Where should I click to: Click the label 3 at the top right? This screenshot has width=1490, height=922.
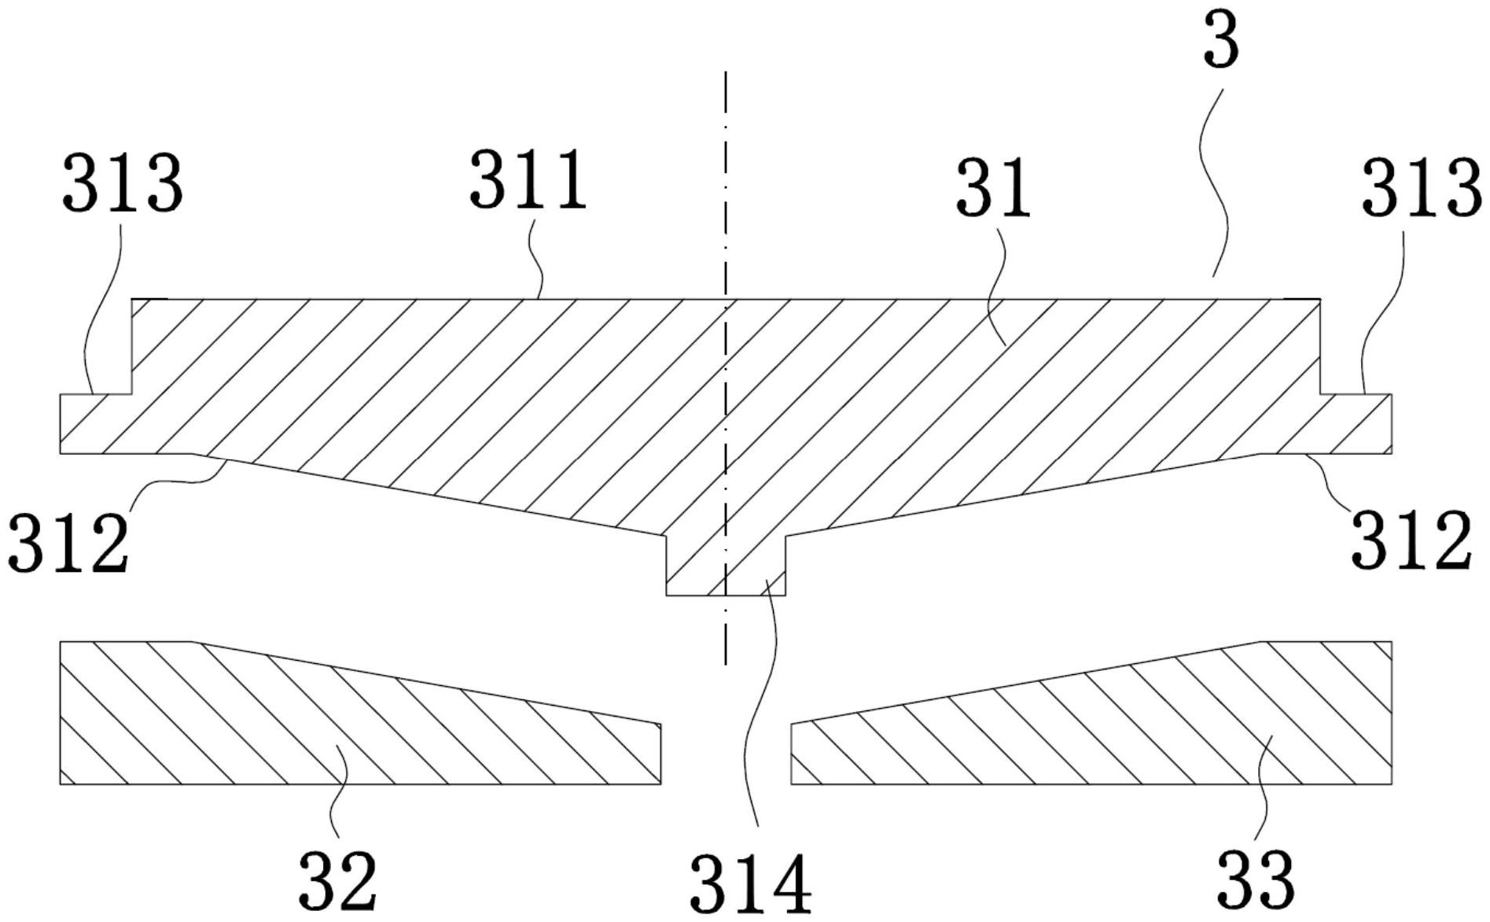1221,43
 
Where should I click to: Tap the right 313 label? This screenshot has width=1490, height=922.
1421,187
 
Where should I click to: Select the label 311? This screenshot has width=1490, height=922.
528,180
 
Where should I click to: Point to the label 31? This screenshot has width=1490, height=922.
992,189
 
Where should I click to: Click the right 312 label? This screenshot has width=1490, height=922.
1411,540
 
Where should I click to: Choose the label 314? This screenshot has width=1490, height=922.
750,884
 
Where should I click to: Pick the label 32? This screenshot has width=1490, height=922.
338,881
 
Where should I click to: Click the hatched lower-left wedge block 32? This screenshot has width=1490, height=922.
315,724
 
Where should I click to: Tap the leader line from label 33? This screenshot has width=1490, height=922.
1261,795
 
